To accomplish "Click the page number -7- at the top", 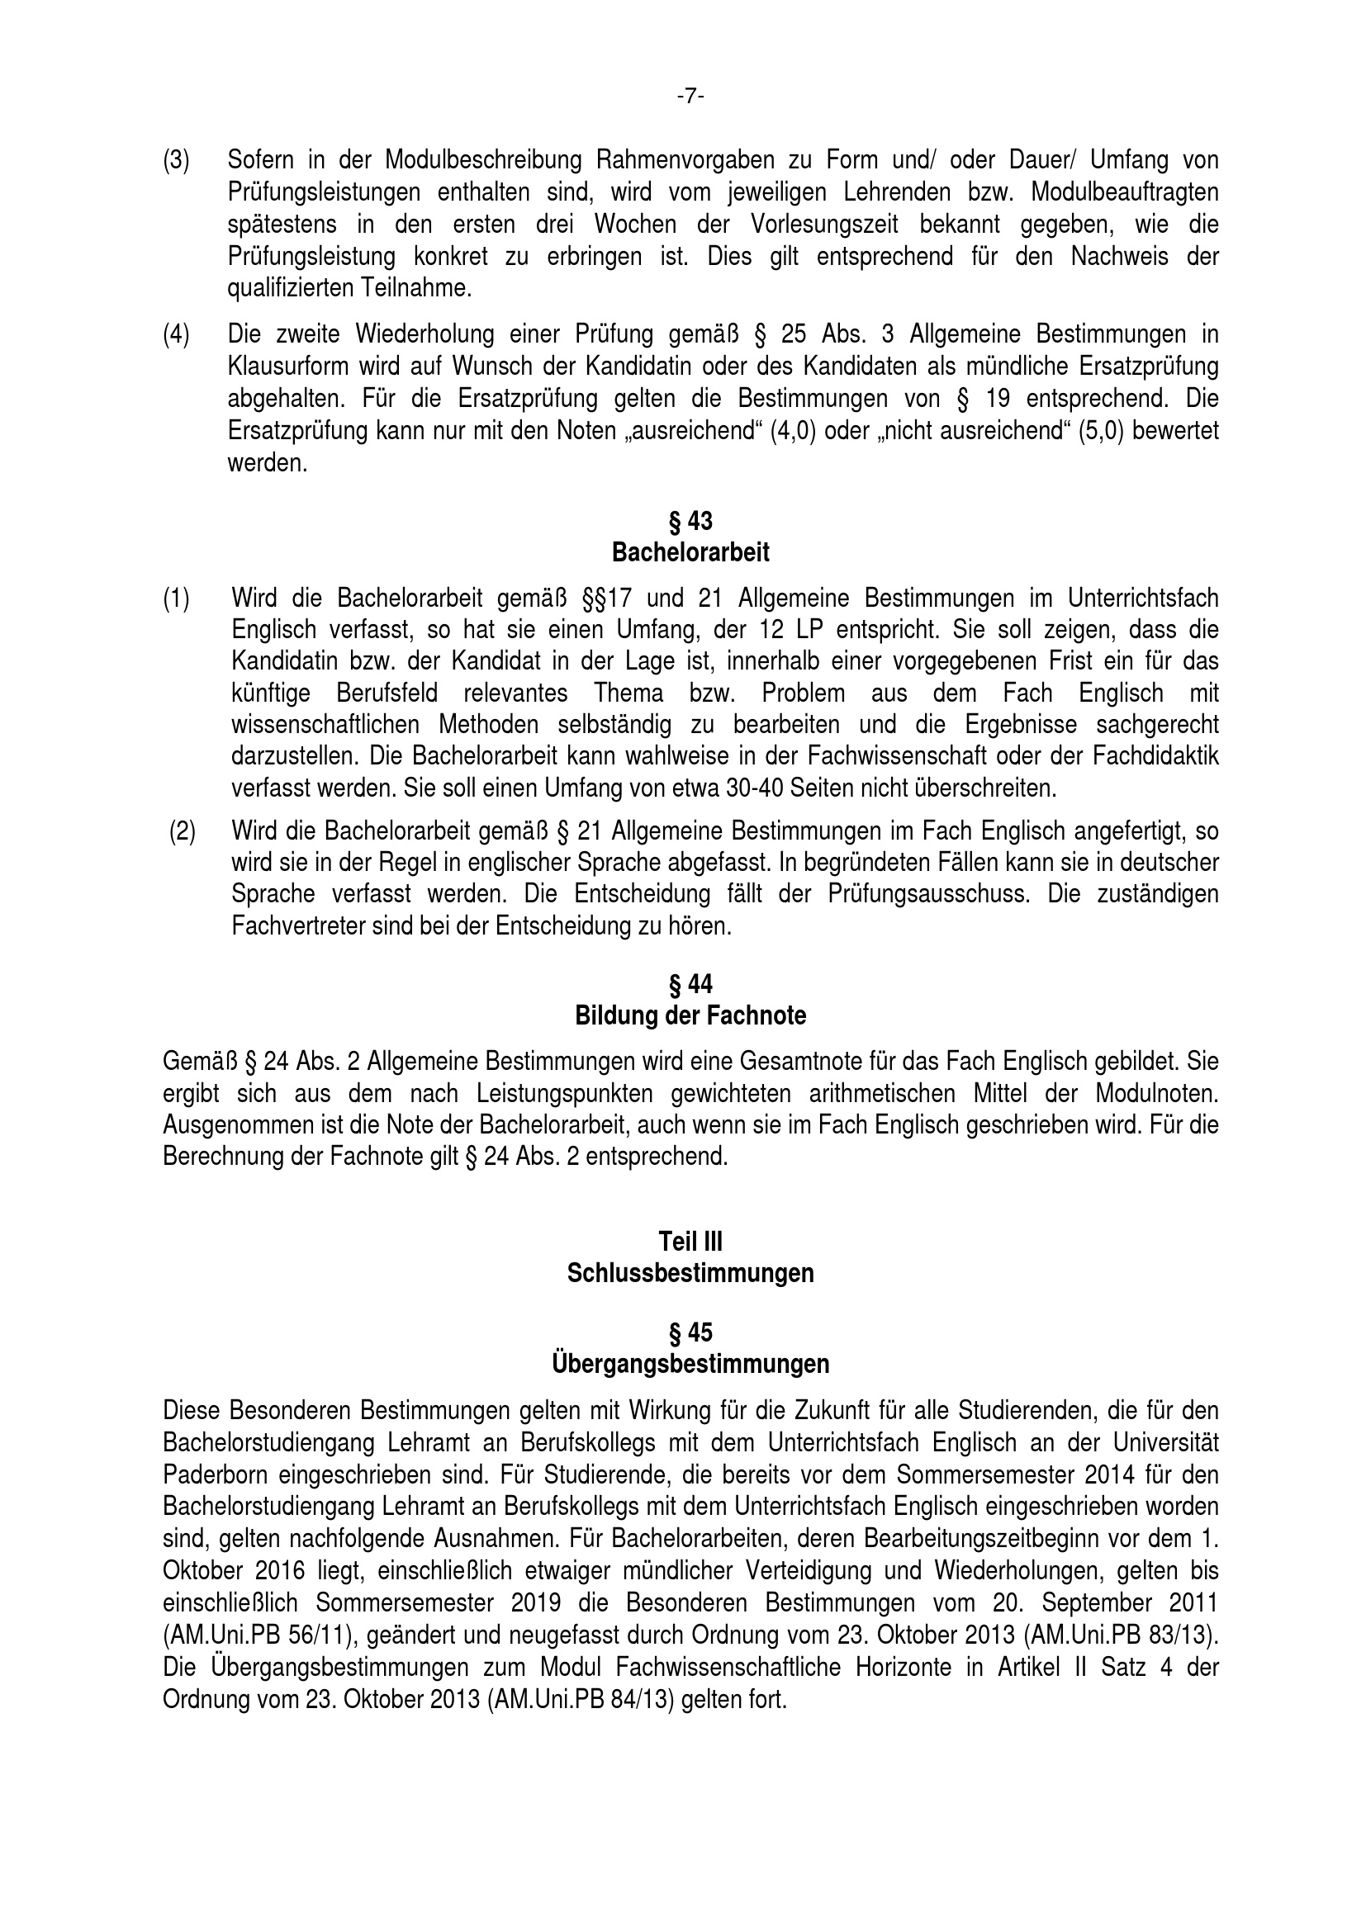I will [x=690, y=97].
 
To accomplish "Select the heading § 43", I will [x=690, y=522].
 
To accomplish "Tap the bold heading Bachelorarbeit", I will [x=690, y=553].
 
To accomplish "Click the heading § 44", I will [x=690, y=984].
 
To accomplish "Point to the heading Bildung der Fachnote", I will [x=690, y=1016].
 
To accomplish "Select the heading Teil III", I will [x=690, y=1242].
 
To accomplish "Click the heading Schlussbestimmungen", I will [x=690, y=1274].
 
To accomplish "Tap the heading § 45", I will [x=690, y=1333].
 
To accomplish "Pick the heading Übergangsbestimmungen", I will [x=690, y=1364].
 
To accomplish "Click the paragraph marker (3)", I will [x=176, y=160].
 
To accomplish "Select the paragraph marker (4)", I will [x=176, y=334].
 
